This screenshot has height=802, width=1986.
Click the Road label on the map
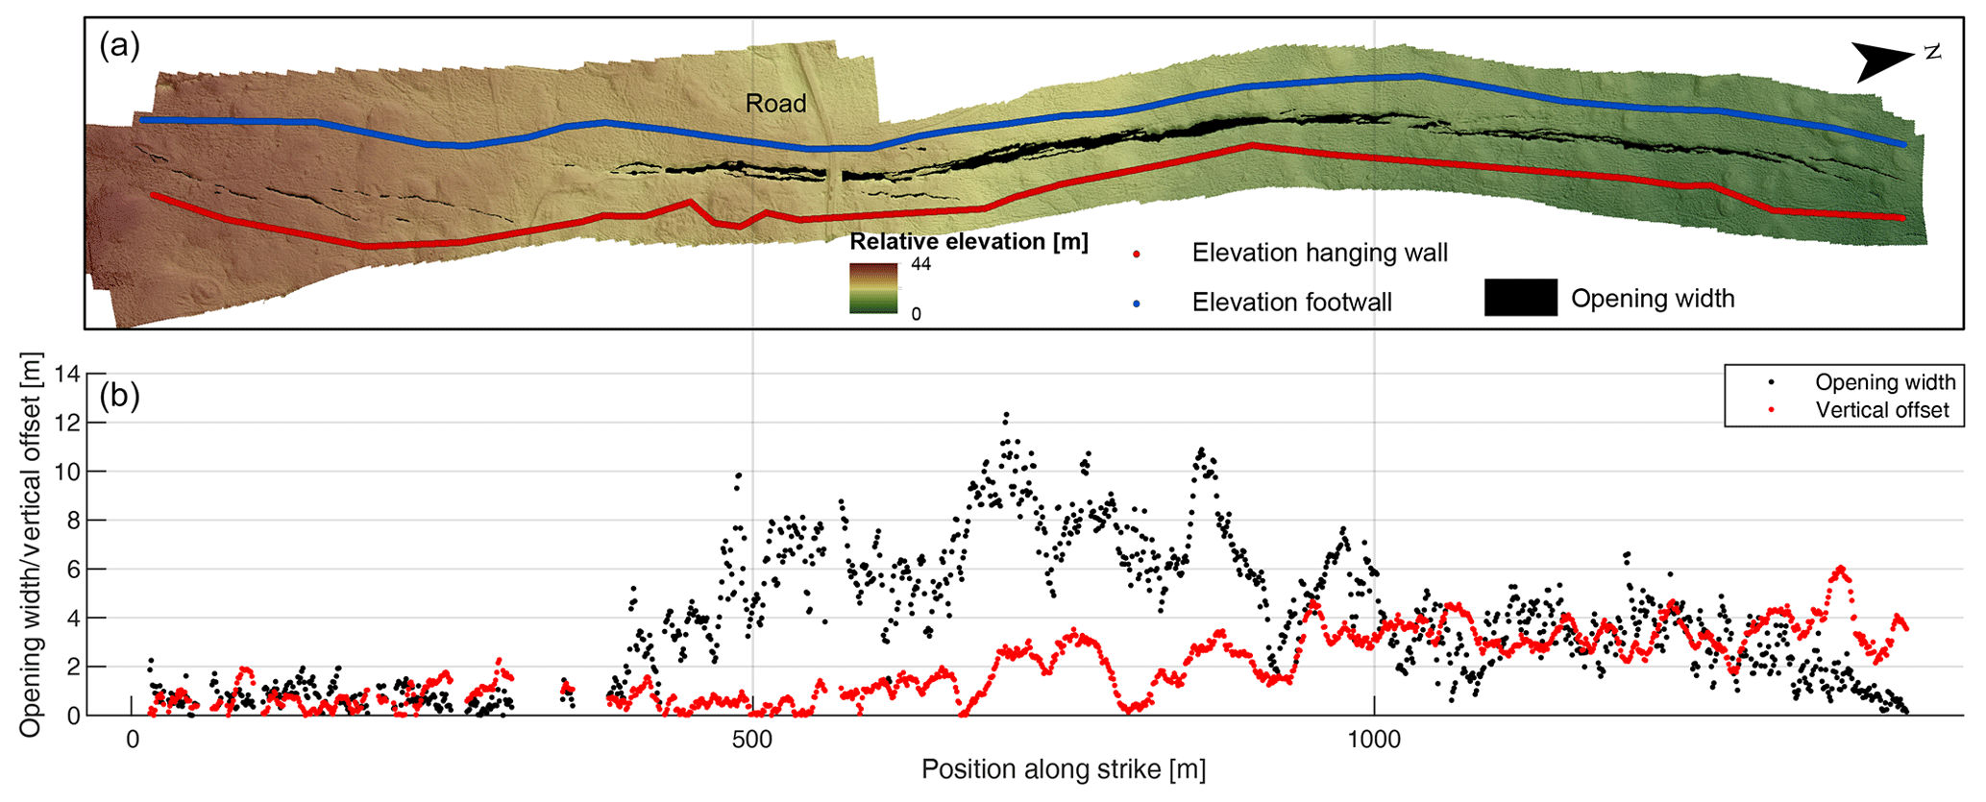click(775, 104)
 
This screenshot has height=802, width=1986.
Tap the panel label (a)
click(120, 45)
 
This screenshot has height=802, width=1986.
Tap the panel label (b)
click(120, 395)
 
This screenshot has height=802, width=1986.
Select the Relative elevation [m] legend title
click(968, 242)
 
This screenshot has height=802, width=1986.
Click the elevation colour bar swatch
click(873, 288)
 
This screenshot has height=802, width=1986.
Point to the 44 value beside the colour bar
click(920, 264)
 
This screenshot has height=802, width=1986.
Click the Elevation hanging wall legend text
click(1319, 253)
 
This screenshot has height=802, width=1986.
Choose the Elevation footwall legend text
click(1291, 303)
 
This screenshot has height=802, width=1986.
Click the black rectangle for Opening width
click(1520, 298)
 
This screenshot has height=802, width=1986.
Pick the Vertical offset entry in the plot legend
click(1881, 410)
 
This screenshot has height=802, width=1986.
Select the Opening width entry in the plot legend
click(1884, 382)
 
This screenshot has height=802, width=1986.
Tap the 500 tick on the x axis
click(752, 740)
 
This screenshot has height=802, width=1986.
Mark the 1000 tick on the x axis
click(1374, 740)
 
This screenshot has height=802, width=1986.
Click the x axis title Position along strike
click(1063, 769)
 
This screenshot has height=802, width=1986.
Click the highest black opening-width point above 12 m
click(1006, 415)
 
